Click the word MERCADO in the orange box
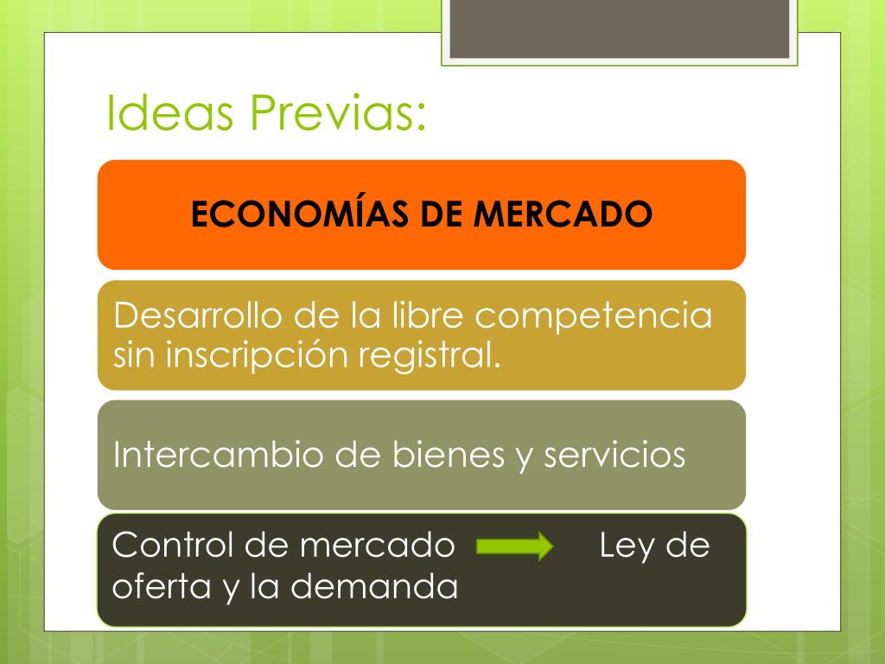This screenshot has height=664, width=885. pos(563,214)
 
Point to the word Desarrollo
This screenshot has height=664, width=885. pos(198,315)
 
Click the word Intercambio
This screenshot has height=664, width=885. pos(218,454)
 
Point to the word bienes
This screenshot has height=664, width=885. pos(449,454)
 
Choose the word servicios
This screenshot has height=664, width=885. pos(614,455)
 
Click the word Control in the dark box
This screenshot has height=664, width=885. pos(172,545)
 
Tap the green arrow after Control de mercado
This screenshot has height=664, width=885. pos(515,546)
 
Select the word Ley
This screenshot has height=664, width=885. pos(627,546)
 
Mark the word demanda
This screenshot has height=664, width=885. pos(373,585)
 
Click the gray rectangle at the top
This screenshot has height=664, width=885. pos(619,29)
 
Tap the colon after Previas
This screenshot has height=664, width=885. pos(421,118)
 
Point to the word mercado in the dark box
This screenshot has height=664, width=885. pos(377,546)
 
